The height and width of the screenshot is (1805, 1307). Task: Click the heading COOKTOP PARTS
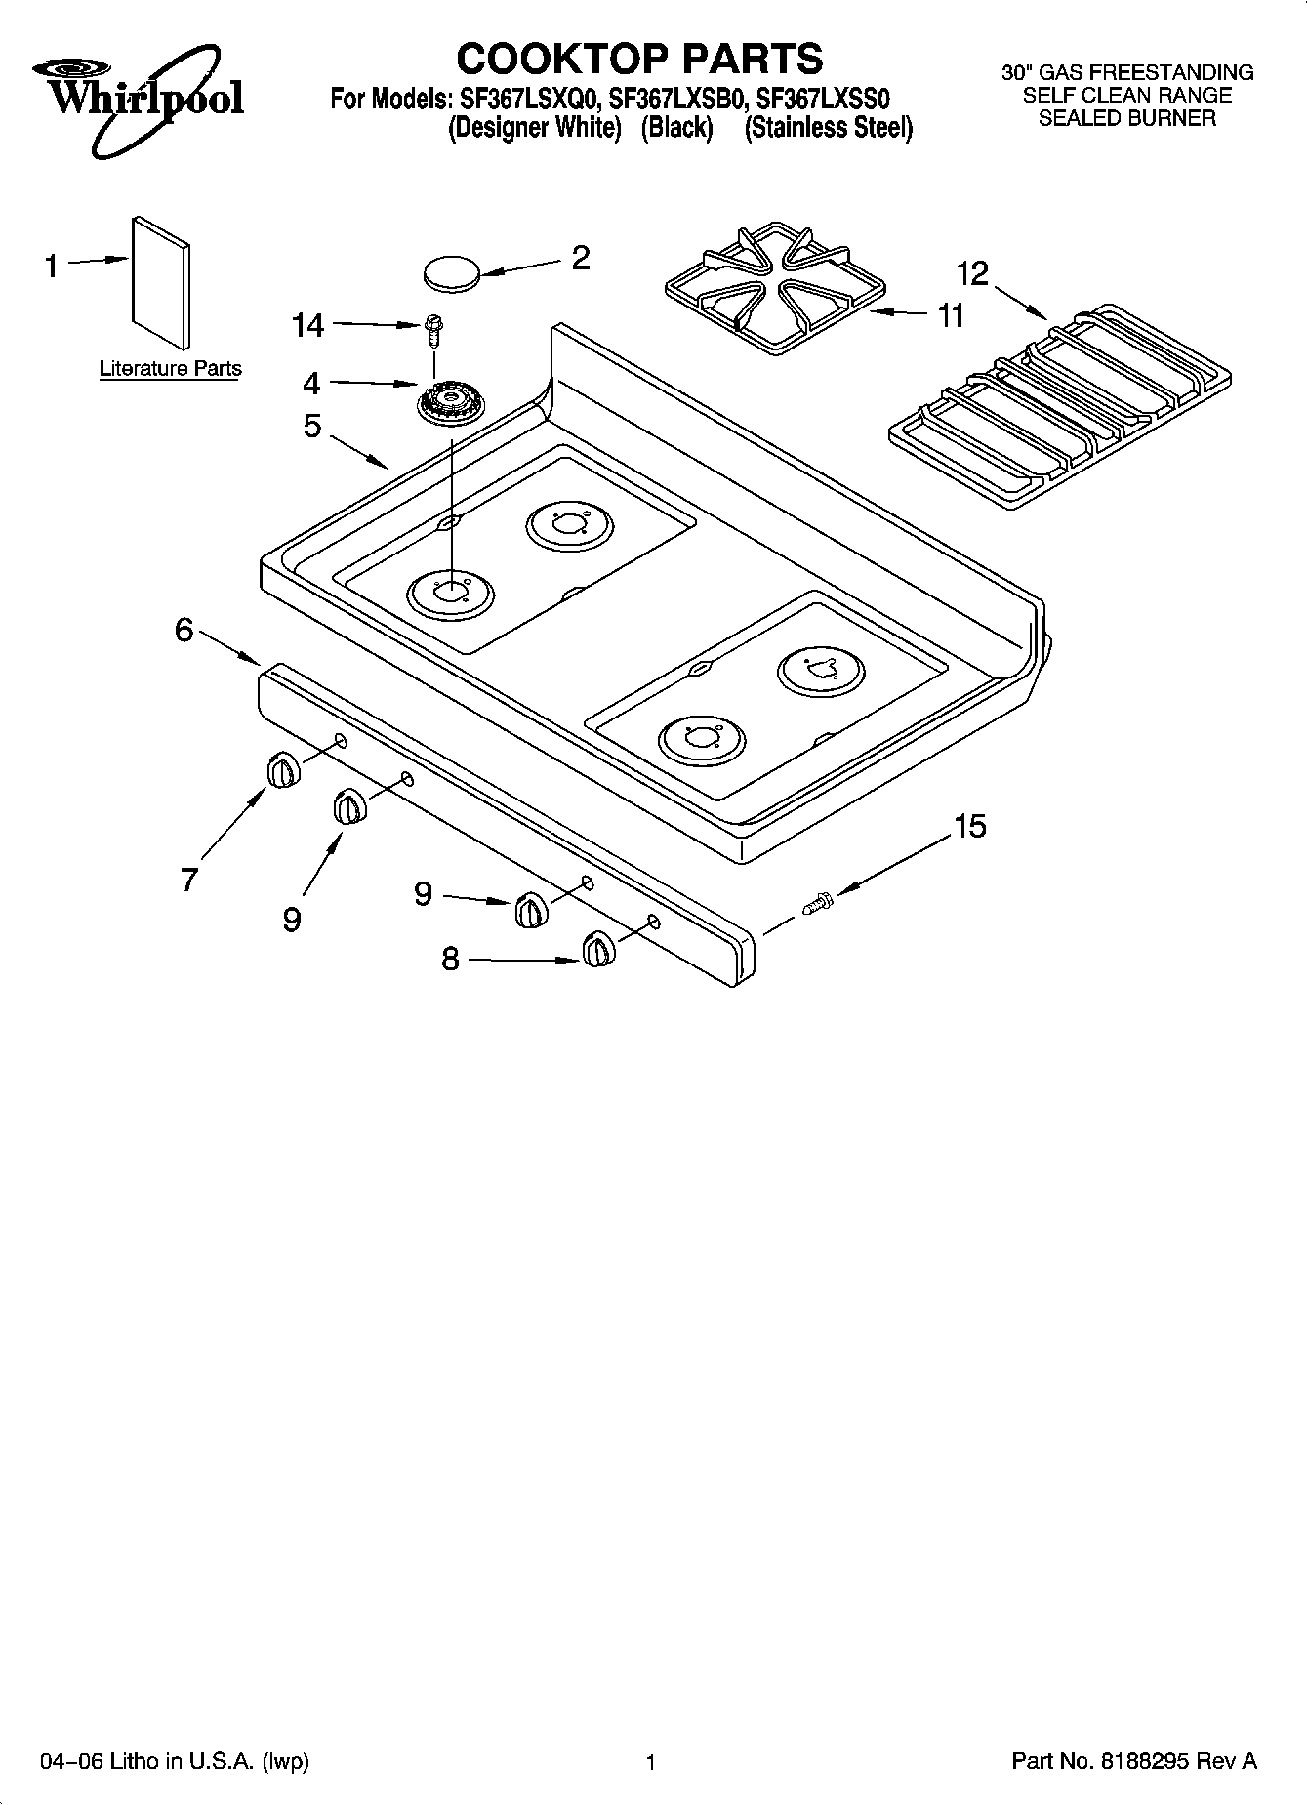[x=639, y=59]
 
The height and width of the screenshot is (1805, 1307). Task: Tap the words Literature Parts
[x=170, y=369]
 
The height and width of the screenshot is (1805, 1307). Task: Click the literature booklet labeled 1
[x=160, y=281]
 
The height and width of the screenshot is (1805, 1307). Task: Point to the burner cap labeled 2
[x=452, y=271]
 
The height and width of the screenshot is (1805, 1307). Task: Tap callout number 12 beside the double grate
[x=972, y=273]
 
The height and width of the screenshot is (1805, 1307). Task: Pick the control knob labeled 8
[x=597, y=950]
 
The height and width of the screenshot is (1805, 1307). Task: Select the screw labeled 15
[x=817, y=904]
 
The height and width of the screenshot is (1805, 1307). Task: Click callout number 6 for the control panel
[x=184, y=631]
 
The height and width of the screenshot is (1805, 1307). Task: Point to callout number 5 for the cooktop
[x=311, y=426]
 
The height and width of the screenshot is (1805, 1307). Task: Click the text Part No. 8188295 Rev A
[x=1133, y=1761]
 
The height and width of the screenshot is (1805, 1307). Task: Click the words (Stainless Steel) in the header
[x=828, y=129]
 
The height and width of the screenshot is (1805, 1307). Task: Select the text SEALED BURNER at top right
[x=1126, y=118]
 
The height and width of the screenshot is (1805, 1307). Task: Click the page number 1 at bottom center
[x=651, y=1762]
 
